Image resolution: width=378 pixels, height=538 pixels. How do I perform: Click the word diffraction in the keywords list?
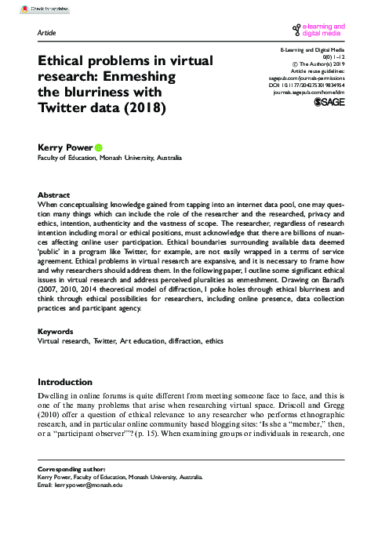[x=183, y=363]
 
